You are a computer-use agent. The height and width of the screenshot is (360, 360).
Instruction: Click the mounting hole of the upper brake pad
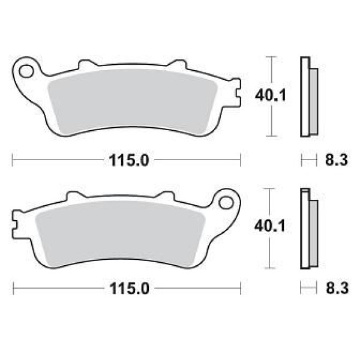(x=26, y=71)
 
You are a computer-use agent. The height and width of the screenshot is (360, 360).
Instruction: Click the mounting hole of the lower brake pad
(x=226, y=203)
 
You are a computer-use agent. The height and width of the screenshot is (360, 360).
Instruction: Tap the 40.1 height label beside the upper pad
(x=271, y=95)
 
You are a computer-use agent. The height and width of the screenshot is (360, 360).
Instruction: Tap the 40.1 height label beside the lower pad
(x=270, y=226)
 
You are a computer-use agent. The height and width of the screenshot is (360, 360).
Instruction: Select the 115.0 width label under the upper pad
(x=129, y=160)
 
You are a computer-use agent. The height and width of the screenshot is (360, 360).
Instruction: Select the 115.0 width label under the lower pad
(x=130, y=289)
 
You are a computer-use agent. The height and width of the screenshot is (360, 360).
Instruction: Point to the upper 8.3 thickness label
(x=337, y=160)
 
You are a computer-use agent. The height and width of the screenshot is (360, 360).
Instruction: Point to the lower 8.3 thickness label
(x=337, y=288)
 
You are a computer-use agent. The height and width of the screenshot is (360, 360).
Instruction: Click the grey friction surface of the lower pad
(x=120, y=234)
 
